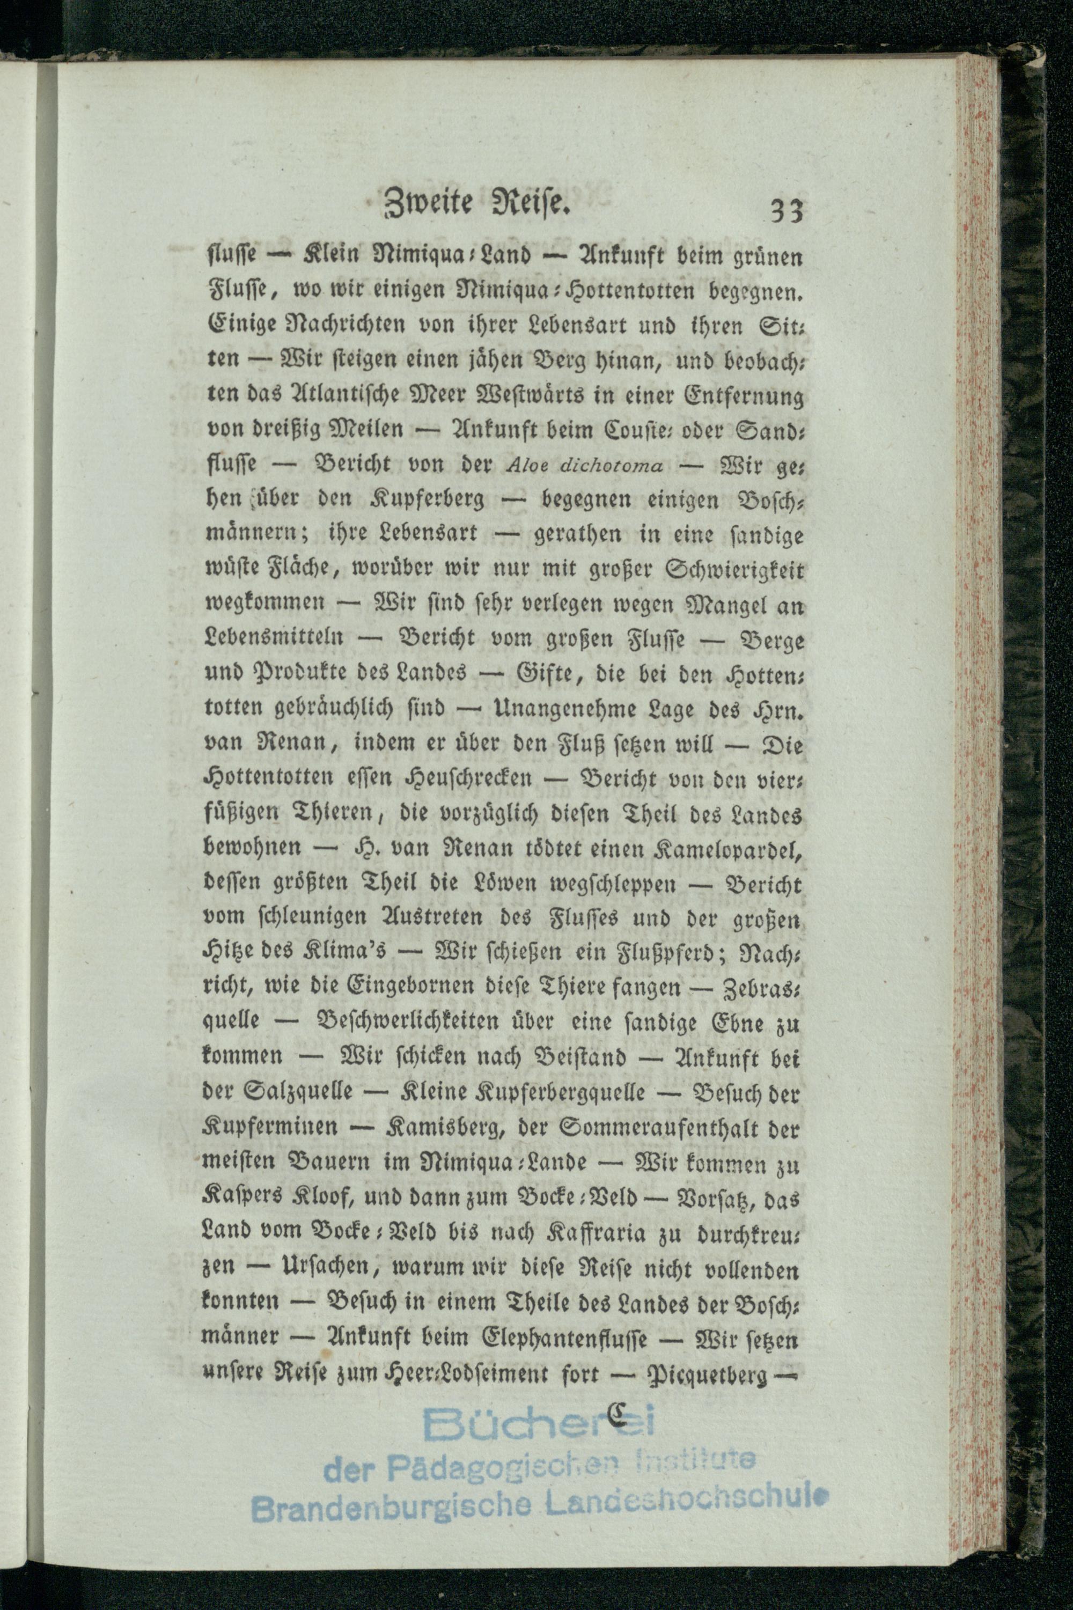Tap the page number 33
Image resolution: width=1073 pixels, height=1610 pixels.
[785, 211]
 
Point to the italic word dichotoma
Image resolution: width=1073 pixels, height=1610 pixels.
[611, 466]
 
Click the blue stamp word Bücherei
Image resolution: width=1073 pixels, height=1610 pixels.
[540, 1424]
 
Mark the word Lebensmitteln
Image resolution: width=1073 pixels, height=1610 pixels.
[274, 638]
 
